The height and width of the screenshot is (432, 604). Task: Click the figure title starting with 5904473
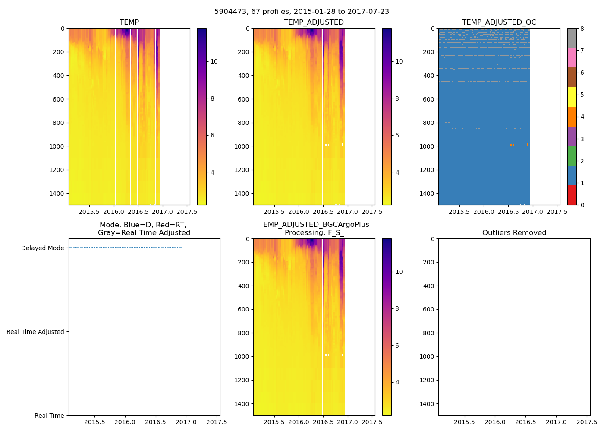pos(302,12)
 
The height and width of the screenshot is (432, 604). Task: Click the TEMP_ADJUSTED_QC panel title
pos(499,22)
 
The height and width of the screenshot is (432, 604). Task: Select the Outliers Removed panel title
pos(514,233)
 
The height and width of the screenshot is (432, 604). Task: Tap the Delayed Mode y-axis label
pos(42,248)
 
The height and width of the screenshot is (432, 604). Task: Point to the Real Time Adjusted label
pos(35,332)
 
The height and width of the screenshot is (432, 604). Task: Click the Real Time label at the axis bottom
pos(49,416)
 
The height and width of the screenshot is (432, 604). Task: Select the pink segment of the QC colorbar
pos(572,57)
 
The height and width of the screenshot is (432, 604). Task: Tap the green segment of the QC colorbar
pos(572,156)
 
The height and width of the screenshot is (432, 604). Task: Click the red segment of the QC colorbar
pos(572,195)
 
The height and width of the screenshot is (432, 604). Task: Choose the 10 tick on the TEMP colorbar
pos(214,61)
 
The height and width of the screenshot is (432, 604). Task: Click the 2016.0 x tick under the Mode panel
pos(125,422)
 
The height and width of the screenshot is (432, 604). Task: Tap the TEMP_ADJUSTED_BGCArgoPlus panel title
pos(314,229)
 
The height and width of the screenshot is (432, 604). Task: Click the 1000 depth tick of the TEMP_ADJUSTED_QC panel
pos(426,146)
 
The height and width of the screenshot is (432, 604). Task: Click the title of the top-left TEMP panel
pos(129,22)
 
